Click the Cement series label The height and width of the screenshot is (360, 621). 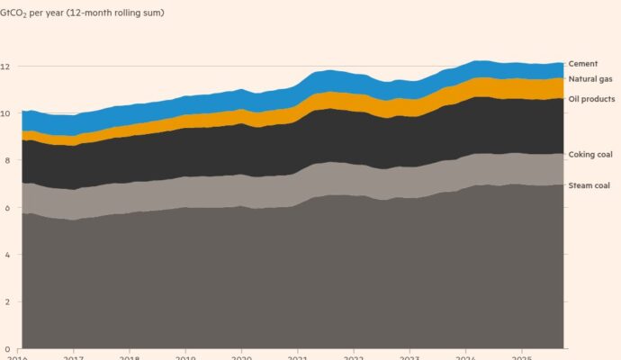click(583, 64)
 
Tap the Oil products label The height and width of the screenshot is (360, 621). click(590, 98)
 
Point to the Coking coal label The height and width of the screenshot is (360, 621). click(589, 155)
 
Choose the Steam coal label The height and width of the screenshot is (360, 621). click(589, 184)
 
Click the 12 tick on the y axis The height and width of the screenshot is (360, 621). click(6, 67)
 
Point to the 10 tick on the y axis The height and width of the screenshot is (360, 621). click(6, 113)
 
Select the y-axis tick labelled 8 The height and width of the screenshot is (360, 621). click(6, 161)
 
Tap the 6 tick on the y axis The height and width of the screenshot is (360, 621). click(6, 208)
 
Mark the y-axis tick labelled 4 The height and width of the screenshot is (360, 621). click(6, 255)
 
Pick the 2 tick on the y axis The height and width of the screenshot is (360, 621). click(6, 302)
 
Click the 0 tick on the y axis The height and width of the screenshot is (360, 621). click(6, 349)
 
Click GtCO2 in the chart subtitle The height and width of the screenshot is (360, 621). click(19, 13)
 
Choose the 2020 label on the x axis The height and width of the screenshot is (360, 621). click(241, 356)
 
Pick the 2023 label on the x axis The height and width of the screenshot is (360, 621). click(409, 356)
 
